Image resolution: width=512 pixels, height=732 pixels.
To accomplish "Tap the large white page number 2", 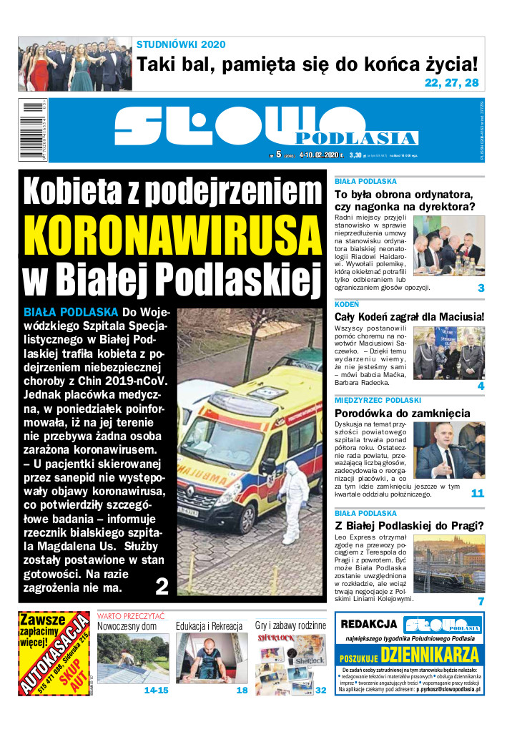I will click(162, 587).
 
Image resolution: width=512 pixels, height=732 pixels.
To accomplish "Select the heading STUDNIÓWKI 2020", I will click(181, 44).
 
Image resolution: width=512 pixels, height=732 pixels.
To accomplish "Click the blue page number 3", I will click(481, 288).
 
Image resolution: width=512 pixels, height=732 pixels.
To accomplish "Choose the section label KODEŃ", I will click(347, 304).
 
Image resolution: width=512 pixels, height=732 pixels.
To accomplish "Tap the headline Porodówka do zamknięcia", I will click(403, 413).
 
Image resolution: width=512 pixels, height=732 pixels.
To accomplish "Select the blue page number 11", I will click(477, 493).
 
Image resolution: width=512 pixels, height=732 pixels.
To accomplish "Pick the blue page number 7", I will click(481, 601).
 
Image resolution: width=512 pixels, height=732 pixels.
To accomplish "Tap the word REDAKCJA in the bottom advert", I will click(368, 625).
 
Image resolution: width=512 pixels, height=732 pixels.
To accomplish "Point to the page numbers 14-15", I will click(157, 690).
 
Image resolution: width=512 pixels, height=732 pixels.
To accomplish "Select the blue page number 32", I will click(320, 690).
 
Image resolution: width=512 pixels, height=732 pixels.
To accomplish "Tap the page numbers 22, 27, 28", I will click(451, 83).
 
